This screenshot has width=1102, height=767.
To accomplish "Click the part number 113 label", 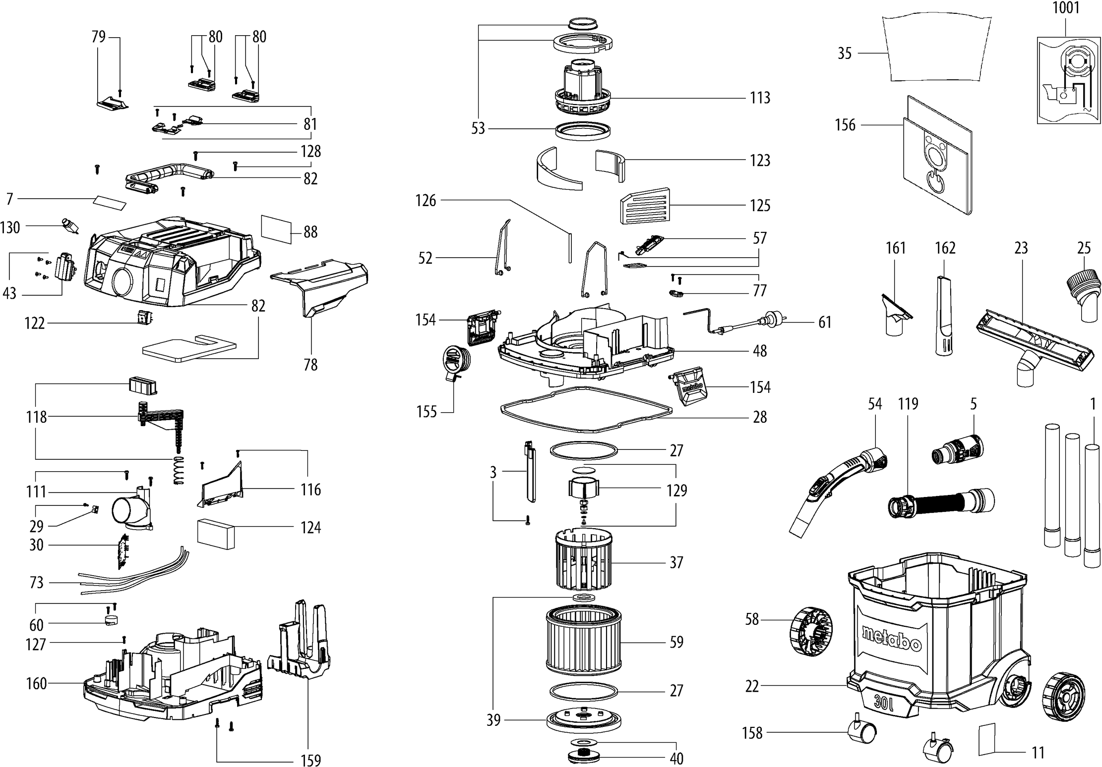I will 760,98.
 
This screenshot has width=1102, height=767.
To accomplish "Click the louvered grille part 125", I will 644,206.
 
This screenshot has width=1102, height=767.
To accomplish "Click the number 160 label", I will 36,684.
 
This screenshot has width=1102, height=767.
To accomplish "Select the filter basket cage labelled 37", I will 583,560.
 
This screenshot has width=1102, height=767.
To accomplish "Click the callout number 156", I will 845,125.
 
